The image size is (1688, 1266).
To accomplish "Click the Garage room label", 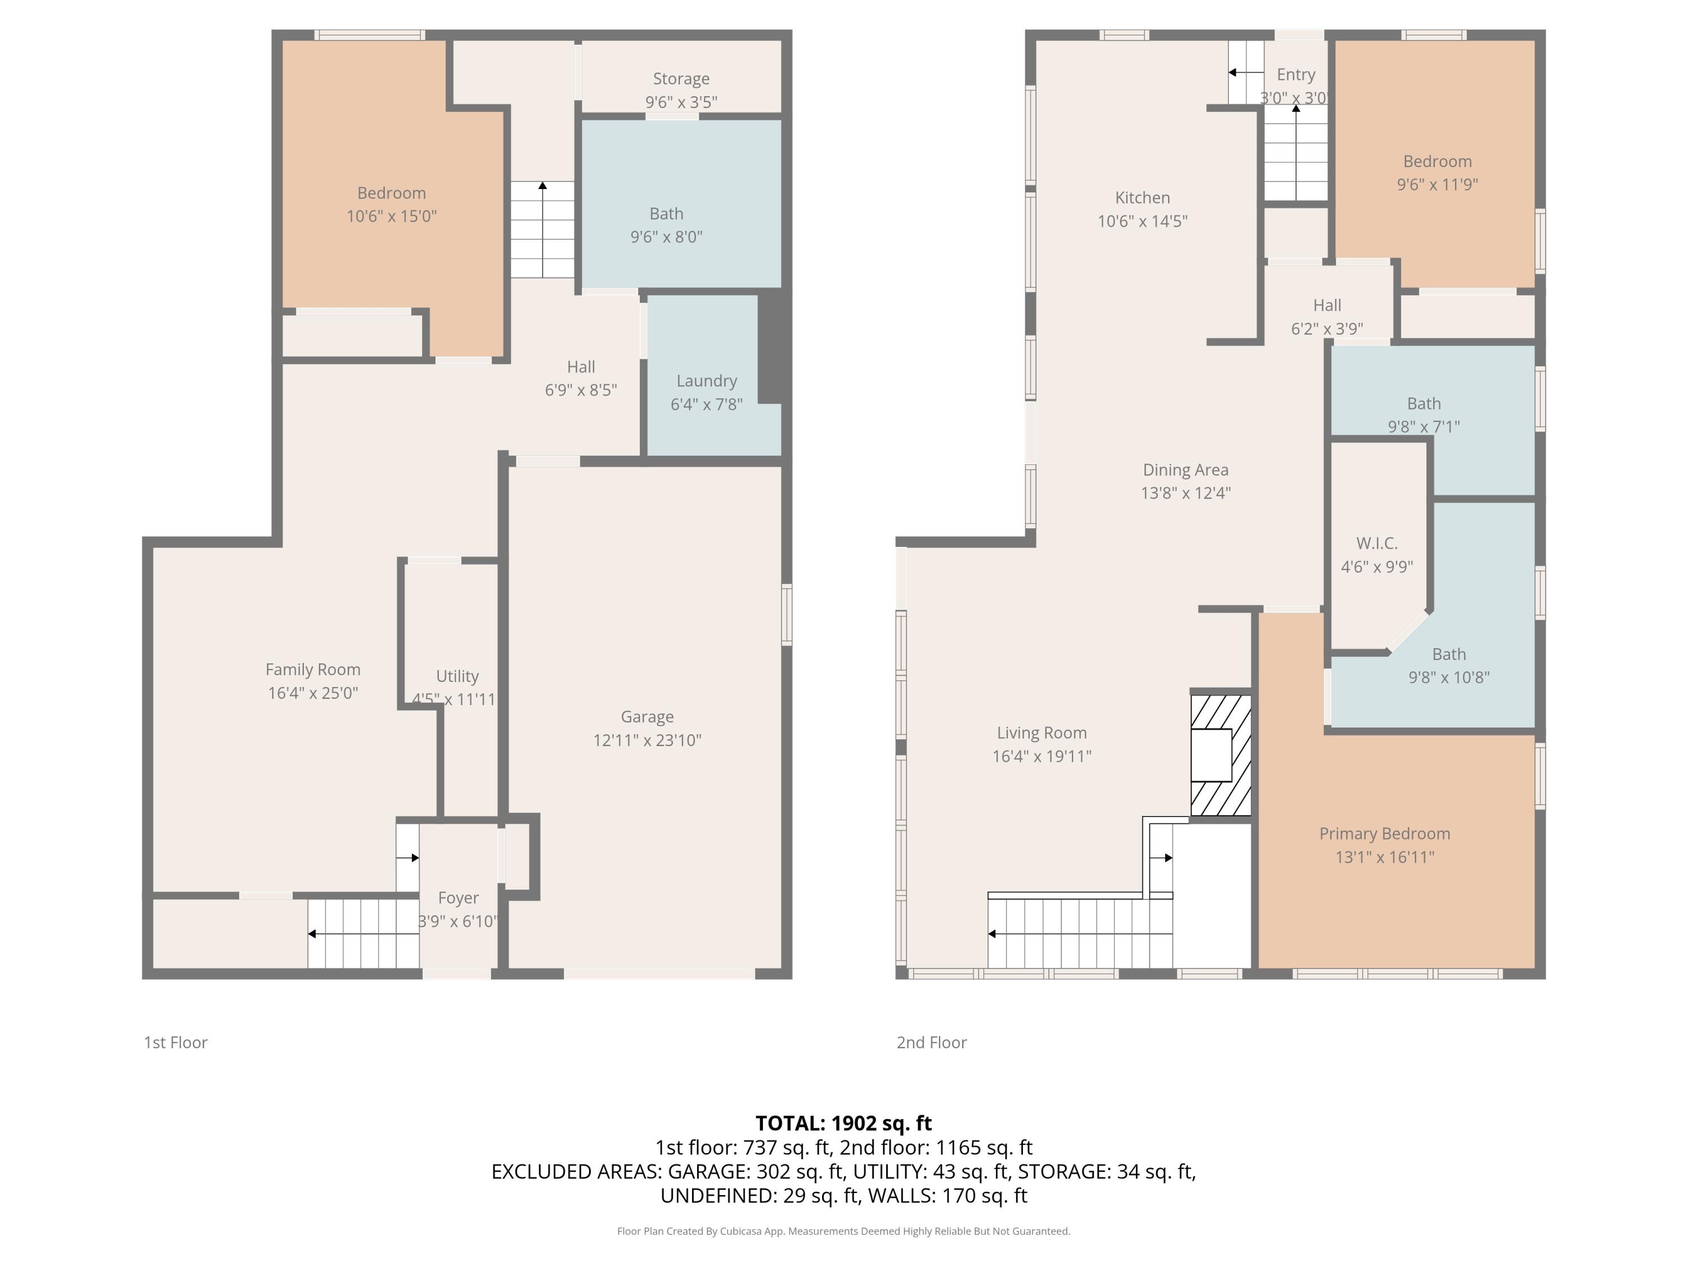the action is tap(647, 717).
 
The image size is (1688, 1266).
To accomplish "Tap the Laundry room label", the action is tap(707, 381).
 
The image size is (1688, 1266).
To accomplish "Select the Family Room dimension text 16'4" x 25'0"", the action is tap(313, 693).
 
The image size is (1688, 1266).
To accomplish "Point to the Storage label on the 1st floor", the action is tap(681, 79).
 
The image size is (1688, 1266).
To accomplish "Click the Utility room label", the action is tap(457, 676).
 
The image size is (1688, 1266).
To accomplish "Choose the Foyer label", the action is tap(459, 897).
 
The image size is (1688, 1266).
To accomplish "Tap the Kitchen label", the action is tap(1142, 197).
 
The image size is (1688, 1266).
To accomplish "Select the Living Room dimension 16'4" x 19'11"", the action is tap(1041, 756).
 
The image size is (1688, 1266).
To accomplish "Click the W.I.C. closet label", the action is tap(1377, 544).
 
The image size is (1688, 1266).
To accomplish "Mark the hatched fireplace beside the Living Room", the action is tap(1221, 755).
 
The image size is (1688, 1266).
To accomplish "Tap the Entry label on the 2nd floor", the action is tap(1296, 75).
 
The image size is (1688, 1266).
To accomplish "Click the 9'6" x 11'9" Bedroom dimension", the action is tap(1438, 185).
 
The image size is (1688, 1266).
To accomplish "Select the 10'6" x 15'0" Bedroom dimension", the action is tap(392, 216).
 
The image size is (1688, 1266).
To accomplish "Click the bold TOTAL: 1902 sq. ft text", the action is tap(843, 1123).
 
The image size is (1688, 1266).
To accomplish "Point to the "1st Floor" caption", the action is tap(176, 1043).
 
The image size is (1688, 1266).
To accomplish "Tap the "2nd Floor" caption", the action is tap(932, 1043).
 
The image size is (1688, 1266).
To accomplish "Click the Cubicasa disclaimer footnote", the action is tap(843, 1231).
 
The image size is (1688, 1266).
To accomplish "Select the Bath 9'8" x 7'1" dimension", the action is tap(1424, 427).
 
